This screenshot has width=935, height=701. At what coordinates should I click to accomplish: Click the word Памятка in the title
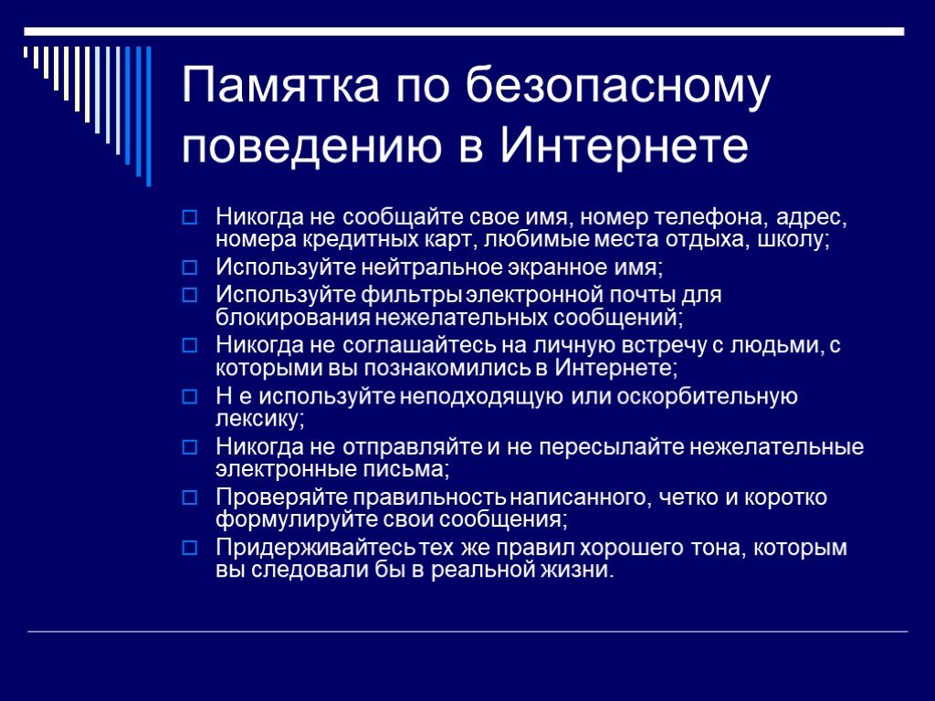click(x=280, y=85)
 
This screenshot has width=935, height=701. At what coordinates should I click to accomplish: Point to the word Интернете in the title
click(x=623, y=144)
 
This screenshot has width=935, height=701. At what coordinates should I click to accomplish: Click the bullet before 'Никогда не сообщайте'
click(x=190, y=217)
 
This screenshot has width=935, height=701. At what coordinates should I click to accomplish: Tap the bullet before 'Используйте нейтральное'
click(x=190, y=267)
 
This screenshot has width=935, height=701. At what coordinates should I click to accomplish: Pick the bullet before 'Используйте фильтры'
click(x=190, y=295)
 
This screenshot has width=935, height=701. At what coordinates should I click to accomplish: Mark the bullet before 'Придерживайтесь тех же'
click(x=190, y=548)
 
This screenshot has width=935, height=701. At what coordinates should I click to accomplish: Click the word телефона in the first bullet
click(x=709, y=218)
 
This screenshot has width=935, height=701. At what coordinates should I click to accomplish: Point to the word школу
click(x=793, y=241)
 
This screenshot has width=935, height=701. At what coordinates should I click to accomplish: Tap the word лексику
click(x=260, y=418)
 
